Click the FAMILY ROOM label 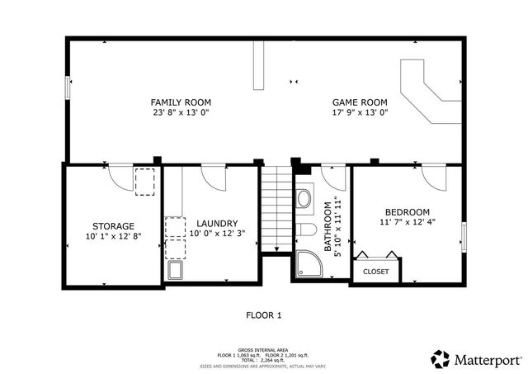(180, 101)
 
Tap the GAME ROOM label (360, 101)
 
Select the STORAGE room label (113, 225)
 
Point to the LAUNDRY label (218, 223)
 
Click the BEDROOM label (406, 211)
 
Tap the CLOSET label (376, 271)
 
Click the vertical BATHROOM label (328, 226)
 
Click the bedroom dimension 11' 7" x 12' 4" (406, 222)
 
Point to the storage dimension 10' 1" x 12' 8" (113, 236)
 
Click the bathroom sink (304, 198)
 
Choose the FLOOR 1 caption (264, 315)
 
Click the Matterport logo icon (441, 359)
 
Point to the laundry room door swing (213, 177)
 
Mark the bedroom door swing (432, 177)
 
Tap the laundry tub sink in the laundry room (176, 271)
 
